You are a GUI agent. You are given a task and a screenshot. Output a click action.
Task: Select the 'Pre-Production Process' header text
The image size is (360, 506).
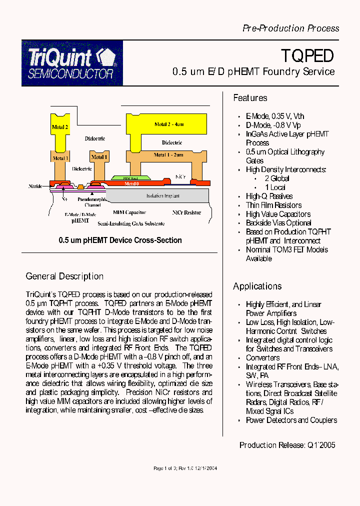[x=290, y=28]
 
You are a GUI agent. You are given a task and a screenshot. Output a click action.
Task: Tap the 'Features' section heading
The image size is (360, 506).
[x=250, y=98]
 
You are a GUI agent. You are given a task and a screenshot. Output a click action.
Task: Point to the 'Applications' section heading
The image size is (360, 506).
[x=257, y=286]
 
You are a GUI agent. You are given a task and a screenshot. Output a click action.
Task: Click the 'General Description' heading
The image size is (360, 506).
[x=64, y=276]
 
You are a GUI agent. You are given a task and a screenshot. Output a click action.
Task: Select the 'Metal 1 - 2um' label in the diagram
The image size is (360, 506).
[x=168, y=155]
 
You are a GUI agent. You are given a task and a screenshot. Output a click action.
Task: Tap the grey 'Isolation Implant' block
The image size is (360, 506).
[x=162, y=195]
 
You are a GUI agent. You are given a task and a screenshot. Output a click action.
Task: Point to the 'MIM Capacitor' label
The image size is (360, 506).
[x=129, y=212]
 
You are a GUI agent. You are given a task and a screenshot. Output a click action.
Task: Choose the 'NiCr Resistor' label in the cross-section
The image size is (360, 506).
[x=186, y=212]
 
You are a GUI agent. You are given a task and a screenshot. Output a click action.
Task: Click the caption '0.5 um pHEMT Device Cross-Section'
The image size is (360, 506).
[x=120, y=240]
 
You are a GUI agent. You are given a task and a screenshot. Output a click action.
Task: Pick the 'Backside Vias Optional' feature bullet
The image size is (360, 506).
[x=278, y=223]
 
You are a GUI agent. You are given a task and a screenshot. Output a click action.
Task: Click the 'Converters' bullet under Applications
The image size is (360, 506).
[x=262, y=357]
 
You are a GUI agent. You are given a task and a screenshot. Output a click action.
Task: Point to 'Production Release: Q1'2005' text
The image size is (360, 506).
[x=287, y=445]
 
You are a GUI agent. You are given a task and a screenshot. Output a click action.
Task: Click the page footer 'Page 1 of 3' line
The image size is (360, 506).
[x=184, y=468]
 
